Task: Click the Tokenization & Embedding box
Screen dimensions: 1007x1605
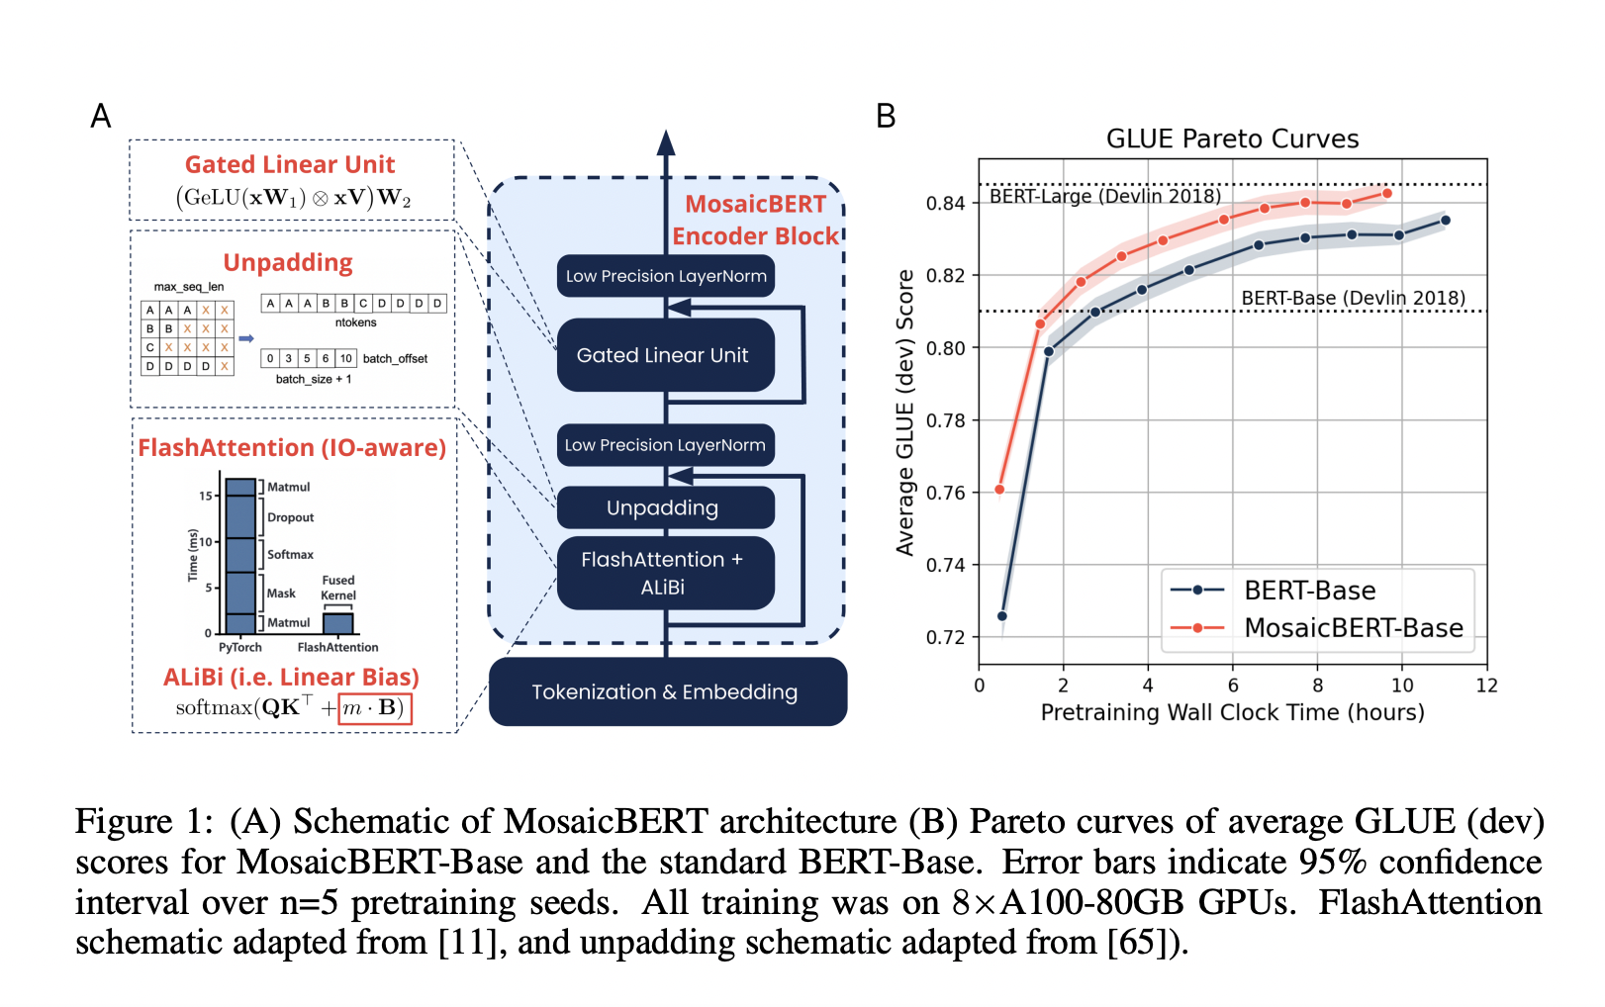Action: tap(667, 691)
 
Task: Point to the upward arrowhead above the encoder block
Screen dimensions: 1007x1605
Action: tap(666, 143)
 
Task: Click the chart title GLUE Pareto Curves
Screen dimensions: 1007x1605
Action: tap(1232, 138)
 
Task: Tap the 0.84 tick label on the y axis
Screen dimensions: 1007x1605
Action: tap(945, 204)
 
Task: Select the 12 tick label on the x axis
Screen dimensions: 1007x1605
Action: tap(1486, 686)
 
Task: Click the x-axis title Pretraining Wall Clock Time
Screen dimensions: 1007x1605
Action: tap(1232, 712)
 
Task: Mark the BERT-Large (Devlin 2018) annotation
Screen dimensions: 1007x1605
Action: tap(1104, 196)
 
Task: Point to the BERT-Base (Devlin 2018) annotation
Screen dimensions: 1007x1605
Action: tap(1353, 298)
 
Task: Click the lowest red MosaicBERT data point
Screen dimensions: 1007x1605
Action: tap(999, 490)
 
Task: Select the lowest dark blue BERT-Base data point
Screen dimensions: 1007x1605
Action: tap(1001, 616)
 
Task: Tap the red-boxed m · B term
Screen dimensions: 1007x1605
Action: tap(374, 708)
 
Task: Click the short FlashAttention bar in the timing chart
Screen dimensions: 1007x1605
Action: tap(338, 623)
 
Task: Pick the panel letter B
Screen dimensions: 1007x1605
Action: tap(886, 117)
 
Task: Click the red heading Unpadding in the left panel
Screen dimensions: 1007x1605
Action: tap(288, 262)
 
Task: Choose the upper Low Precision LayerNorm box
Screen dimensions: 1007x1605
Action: tap(665, 276)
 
